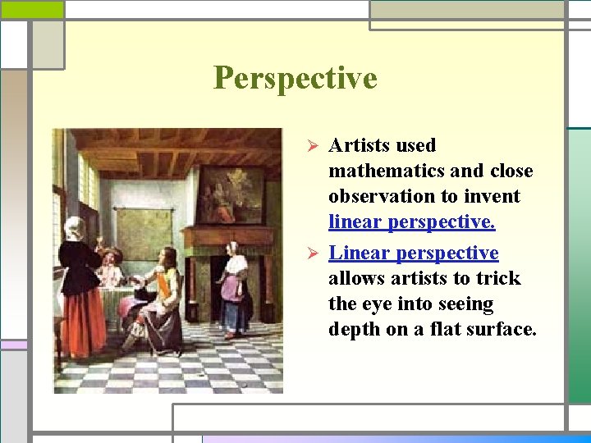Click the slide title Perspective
295,78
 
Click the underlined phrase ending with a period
411,222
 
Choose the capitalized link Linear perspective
413,253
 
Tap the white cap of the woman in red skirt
75,225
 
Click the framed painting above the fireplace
230,194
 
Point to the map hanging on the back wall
144,235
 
